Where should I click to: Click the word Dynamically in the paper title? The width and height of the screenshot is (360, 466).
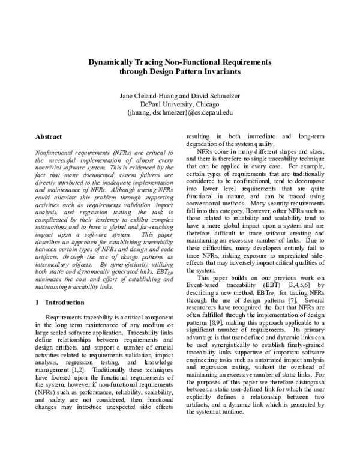[x=115, y=61]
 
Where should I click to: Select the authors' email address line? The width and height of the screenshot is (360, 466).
[x=179, y=112]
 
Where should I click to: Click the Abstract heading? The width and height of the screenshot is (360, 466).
[x=49, y=137]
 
